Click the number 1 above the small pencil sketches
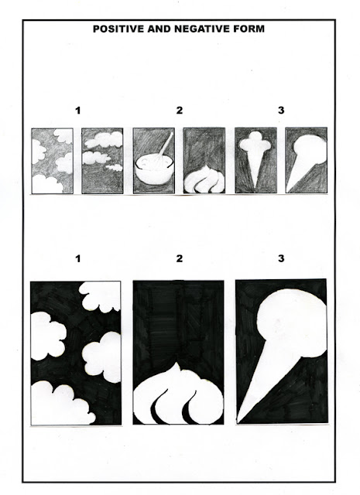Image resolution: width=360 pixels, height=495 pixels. pos(77,111)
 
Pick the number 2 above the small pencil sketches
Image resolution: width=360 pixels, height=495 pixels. pos(179,111)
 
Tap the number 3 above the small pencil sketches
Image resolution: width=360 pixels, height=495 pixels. pos(281,111)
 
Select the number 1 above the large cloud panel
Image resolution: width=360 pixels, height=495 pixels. pos(74,258)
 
